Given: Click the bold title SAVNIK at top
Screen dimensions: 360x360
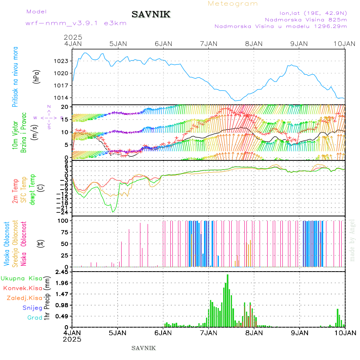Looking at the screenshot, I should (x=151, y=15).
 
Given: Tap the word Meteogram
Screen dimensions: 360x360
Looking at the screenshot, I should (x=233, y=4).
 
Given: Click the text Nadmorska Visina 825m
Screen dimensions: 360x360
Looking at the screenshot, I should (x=306, y=19).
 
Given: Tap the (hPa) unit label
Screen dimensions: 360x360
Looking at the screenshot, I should (x=36, y=76).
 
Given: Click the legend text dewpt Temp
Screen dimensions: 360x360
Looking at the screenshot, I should (x=32, y=189).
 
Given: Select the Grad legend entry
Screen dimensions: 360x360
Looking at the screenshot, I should (x=34, y=318).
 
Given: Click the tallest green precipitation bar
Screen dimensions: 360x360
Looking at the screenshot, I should (x=228, y=300).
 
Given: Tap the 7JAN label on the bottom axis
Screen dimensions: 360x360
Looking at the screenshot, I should (x=208, y=333).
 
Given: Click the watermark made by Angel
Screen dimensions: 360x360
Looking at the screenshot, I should (x=352, y=240).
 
